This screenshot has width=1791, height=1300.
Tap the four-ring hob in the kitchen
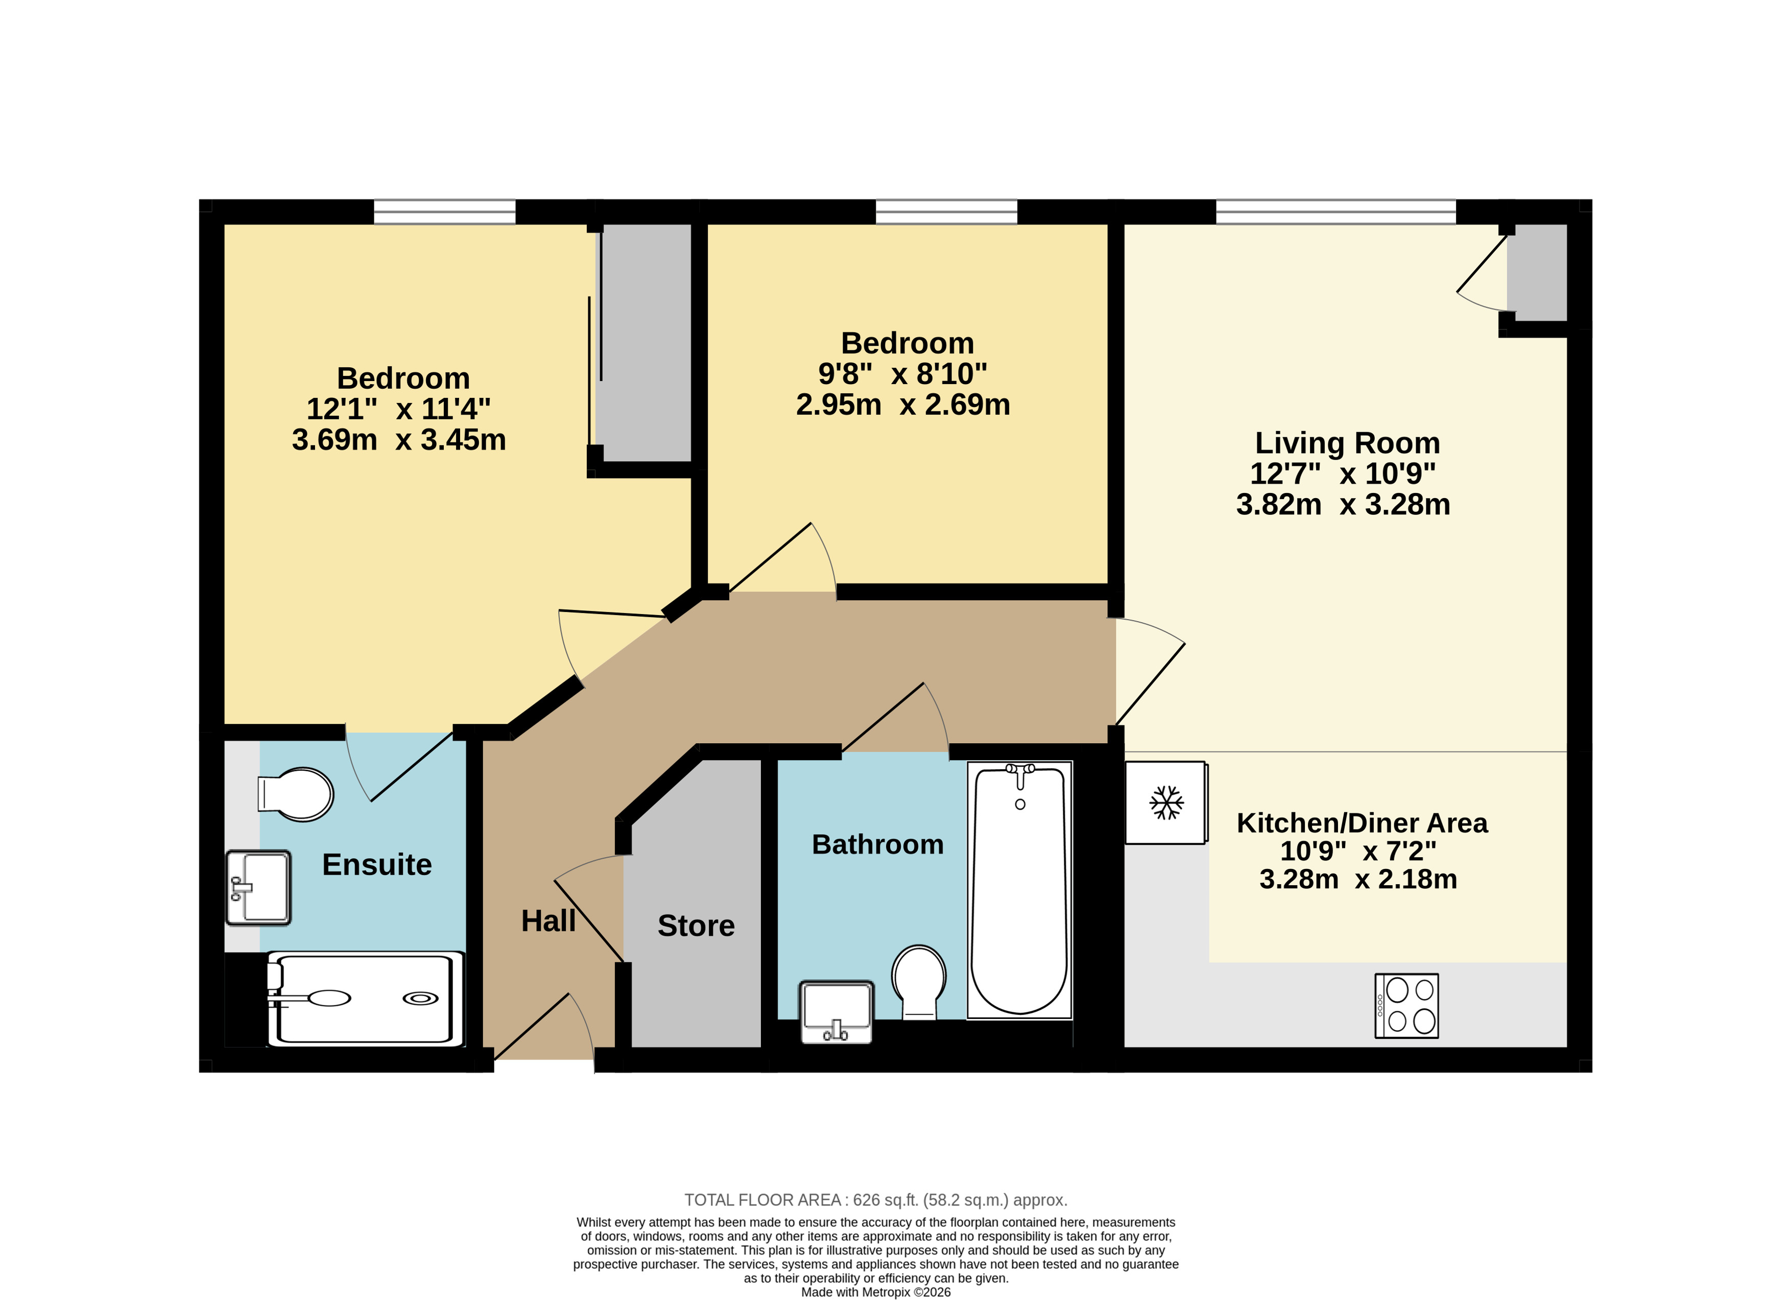tap(1406, 1005)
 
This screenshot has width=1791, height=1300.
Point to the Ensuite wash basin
tap(258, 887)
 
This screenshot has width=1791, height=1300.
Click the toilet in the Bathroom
tap(919, 982)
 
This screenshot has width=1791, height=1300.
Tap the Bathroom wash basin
tap(837, 1012)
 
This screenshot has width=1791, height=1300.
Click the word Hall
tap(548, 921)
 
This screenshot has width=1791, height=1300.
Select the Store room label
tap(696, 926)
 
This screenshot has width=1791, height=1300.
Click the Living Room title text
tap(1347, 443)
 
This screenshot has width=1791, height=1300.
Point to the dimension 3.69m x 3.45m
tap(399, 440)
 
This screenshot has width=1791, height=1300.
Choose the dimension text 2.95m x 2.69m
tap(902, 405)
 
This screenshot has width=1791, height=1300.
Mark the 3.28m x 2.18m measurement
tap(1358, 879)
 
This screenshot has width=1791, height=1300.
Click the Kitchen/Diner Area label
tap(1362, 823)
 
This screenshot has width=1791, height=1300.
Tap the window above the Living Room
tap(1335, 211)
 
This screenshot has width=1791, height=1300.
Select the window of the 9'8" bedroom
tap(946, 211)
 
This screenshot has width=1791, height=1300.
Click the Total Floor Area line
tap(876, 1200)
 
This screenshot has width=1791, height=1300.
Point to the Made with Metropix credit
tap(876, 1293)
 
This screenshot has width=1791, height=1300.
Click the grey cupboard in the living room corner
tap(1537, 272)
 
